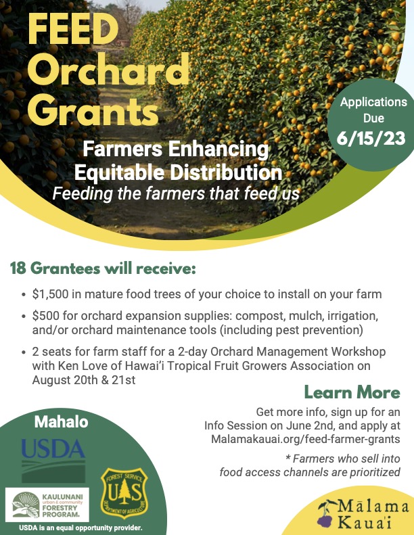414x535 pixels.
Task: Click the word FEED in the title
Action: coord(73,29)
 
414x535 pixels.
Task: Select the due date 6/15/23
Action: coord(371,138)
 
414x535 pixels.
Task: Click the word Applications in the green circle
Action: coord(373,102)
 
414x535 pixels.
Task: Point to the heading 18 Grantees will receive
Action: coord(103,269)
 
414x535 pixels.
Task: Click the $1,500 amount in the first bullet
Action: coord(51,294)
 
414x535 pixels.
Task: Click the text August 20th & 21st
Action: coord(84,380)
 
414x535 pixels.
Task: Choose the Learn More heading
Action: coord(352,392)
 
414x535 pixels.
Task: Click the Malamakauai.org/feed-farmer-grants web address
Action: coord(306,439)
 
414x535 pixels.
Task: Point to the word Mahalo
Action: coord(62,422)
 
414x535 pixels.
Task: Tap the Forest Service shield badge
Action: coord(124,492)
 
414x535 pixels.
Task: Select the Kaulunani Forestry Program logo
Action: coord(47,505)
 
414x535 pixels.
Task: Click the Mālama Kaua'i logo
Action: coord(363,514)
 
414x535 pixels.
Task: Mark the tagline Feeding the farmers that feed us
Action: coord(176,193)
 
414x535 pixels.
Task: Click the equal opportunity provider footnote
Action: coord(80,528)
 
